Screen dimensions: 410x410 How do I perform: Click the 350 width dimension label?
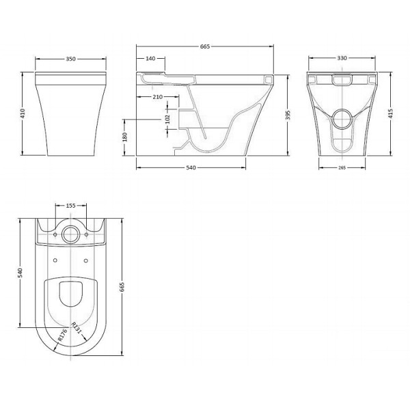[x=70, y=59]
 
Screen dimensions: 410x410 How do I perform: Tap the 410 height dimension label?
[x=23, y=113]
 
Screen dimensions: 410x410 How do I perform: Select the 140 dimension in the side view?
[x=150, y=59]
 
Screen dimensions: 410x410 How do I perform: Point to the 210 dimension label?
[x=158, y=97]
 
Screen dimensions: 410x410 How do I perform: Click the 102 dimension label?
[x=167, y=119]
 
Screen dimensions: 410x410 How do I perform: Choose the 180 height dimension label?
[x=125, y=137]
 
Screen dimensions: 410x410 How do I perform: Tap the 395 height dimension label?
[x=288, y=115]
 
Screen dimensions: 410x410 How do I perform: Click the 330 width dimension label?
[x=342, y=58]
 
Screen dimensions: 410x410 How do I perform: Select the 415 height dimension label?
[x=390, y=113]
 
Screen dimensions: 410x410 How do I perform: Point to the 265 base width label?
[x=342, y=167]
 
